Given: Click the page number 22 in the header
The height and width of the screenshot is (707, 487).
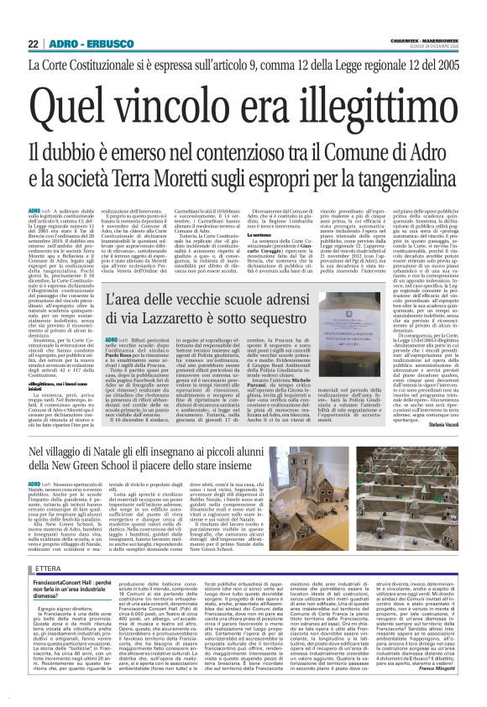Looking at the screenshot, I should coord(34,44).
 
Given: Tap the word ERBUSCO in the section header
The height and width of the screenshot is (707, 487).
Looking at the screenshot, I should coord(105,44).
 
